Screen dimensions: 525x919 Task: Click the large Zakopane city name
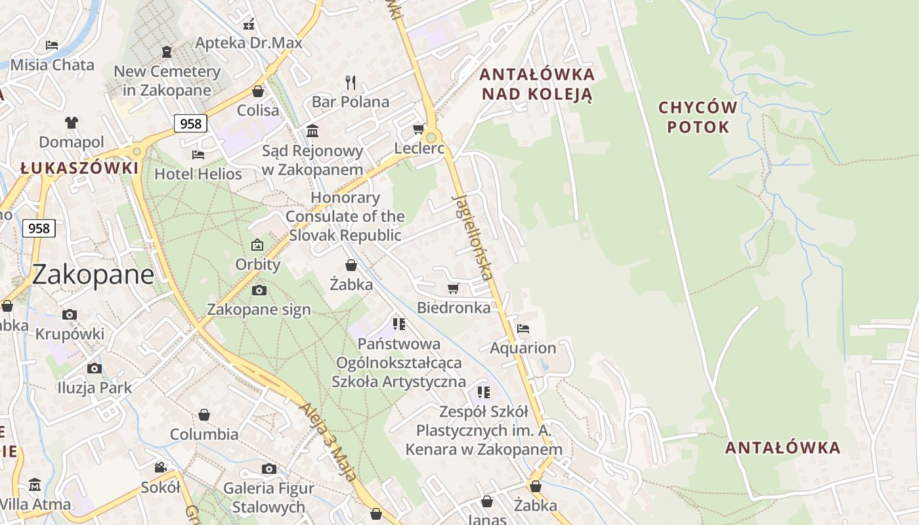point(93,274)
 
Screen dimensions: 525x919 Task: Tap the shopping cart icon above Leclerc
point(418,129)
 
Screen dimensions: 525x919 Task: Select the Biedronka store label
point(454,307)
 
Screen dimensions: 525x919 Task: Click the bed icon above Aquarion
point(523,329)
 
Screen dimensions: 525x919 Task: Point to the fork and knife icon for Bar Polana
point(351,83)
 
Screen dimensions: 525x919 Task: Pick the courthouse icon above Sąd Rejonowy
point(312,131)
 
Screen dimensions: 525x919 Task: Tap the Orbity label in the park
point(258,264)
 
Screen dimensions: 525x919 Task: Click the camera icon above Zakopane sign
point(259,290)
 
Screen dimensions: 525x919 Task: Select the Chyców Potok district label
point(698,117)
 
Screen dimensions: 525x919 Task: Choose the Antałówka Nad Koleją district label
point(538,84)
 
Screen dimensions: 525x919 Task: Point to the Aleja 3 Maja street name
point(328,441)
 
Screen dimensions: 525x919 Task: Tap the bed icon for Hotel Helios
point(198,155)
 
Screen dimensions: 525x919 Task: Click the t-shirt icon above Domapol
point(72,123)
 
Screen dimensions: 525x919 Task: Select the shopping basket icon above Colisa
point(258,91)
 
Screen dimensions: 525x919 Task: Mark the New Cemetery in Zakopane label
point(167,80)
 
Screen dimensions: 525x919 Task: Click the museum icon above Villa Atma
point(34,485)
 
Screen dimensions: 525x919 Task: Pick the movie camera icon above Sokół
point(160,467)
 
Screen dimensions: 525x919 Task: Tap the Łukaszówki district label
point(79,168)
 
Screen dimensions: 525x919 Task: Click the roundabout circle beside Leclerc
point(431,138)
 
